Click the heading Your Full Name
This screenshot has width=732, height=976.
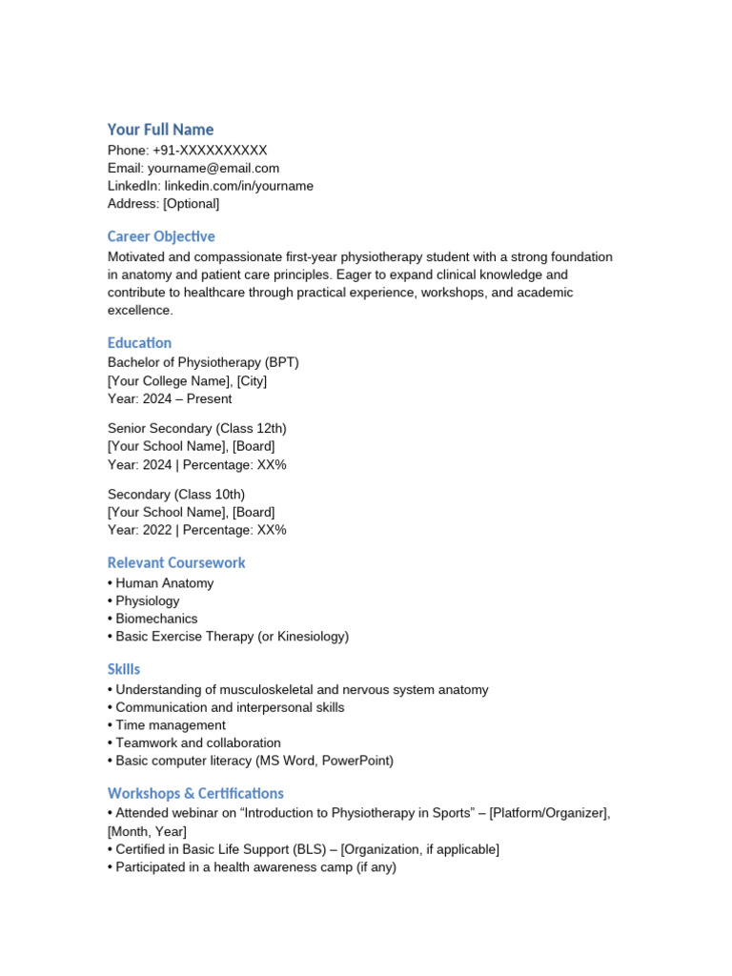tap(160, 130)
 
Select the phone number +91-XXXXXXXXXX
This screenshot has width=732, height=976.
tap(210, 151)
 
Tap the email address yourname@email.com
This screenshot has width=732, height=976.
tap(213, 169)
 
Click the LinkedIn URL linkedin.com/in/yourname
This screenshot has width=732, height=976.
tap(238, 186)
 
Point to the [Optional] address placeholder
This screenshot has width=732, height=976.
tap(191, 204)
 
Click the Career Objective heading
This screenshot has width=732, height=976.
tap(161, 236)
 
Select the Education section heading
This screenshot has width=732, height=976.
tap(139, 343)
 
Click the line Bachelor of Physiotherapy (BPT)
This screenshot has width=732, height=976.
tap(203, 363)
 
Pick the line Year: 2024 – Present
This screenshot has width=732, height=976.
tap(170, 398)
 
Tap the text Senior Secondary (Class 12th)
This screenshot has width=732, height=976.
tap(197, 429)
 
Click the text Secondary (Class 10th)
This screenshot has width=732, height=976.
tap(176, 495)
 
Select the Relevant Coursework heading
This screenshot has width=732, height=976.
tap(176, 563)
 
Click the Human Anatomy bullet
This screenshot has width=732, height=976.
tap(164, 583)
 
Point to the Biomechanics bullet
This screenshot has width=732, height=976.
tap(156, 619)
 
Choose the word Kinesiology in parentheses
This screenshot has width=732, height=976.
tap(309, 637)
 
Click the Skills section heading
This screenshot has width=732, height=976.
tap(124, 670)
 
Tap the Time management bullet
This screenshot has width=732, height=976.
tap(171, 725)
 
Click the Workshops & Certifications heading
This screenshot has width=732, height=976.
tap(195, 794)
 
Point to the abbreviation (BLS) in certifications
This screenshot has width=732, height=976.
tap(307, 849)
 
